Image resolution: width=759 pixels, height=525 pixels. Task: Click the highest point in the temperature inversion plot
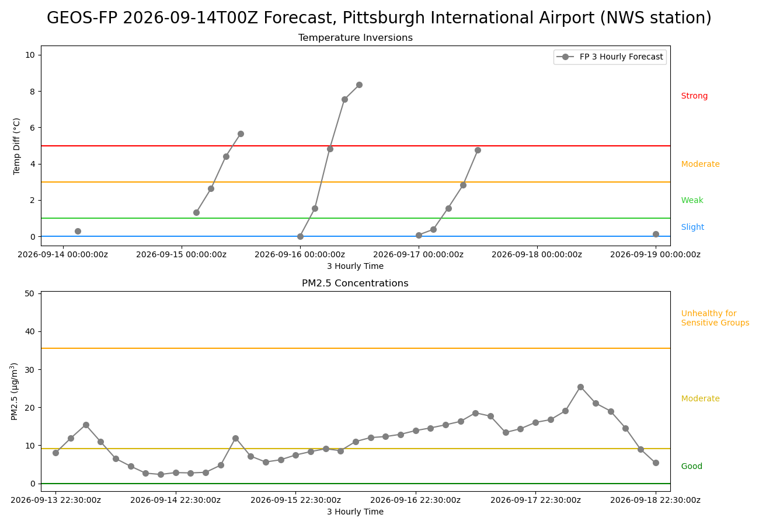click(x=359, y=85)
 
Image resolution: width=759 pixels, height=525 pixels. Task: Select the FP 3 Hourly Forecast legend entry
click(x=610, y=57)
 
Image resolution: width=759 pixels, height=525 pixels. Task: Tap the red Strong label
click(x=694, y=96)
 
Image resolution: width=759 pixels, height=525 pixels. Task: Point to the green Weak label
click(x=692, y=200)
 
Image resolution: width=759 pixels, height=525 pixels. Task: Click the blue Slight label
click(x=692, y=227)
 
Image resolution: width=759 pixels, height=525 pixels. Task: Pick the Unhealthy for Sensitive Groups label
click(x=715, y=318)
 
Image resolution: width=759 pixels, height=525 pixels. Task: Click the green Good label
click(x=692, y=466)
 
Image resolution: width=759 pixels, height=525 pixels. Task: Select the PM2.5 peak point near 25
click(x=580, y=387)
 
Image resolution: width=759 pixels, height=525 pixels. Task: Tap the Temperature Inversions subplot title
click(x=356, y=37)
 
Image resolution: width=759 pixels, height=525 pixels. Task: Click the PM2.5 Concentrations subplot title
click(x=355, y=283)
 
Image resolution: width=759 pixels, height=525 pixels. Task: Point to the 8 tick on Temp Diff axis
click(x=33, y=92)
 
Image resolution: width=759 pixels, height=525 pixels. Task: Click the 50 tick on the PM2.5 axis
click(x=30, y=293)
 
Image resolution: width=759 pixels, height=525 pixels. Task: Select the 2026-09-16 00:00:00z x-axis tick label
click(x=300, y=254)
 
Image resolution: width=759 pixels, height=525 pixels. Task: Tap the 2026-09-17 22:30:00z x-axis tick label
click(x=536, y=500)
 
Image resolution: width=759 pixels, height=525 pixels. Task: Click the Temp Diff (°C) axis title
click(x=16, y=146)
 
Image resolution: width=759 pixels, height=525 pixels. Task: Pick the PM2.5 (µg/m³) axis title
click(x=14, y=391)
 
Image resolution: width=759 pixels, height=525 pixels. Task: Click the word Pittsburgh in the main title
click(x=384, y=18)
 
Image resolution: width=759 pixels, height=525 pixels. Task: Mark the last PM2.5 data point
click(x=656, y=463)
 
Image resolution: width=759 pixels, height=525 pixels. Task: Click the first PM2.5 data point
click(x=56, y=453)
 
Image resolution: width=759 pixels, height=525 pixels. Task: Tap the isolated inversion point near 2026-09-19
click(x=656, y=235)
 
